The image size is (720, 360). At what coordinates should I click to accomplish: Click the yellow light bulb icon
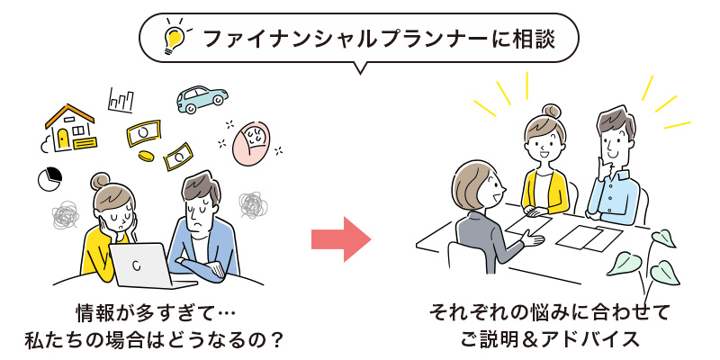pyautogui.click(x=173, y=38)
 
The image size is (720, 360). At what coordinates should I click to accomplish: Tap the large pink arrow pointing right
pyautogui.click(x=341, y=238)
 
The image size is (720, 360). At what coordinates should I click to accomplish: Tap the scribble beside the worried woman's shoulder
pyautogui.click(x=66, y=216)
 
